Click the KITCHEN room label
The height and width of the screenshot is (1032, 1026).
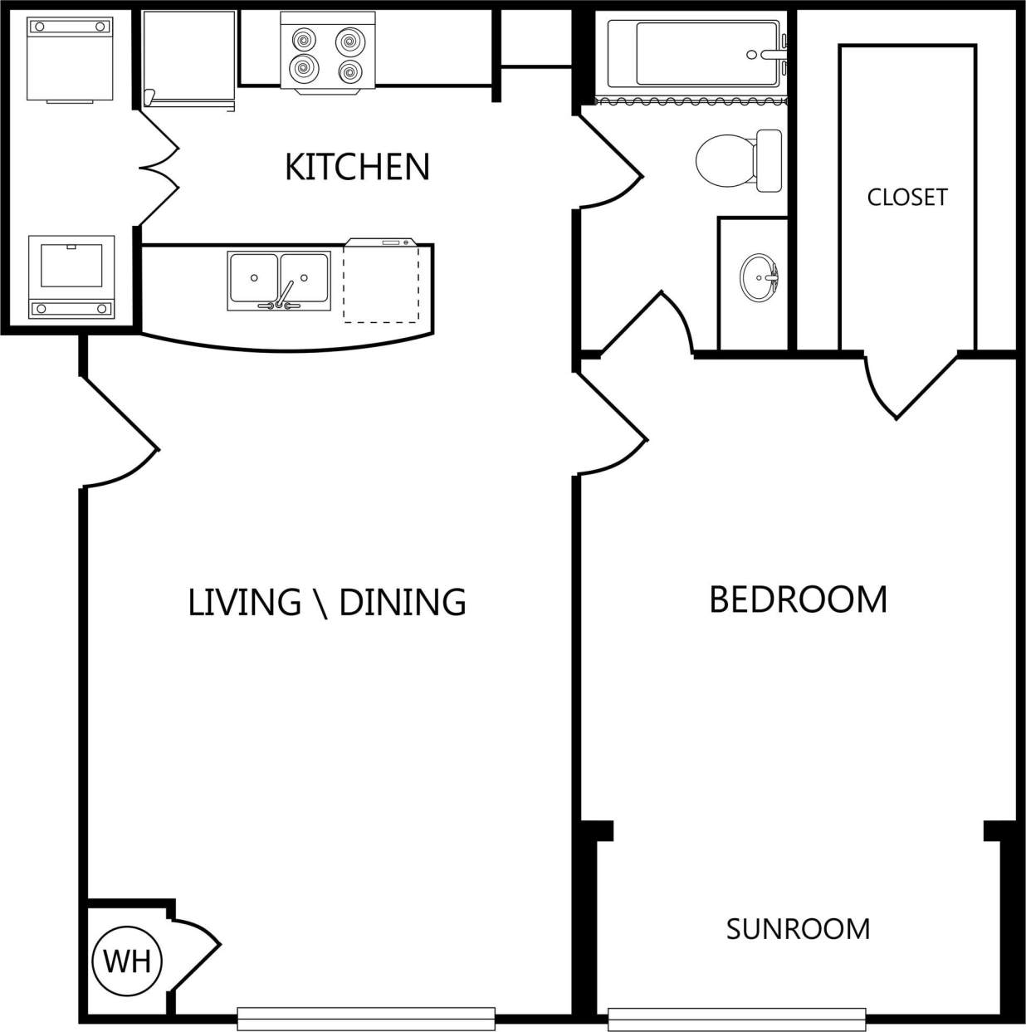click(x=357, y=167)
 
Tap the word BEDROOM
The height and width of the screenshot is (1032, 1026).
click(x=798, y=599)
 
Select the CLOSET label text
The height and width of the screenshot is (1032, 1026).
click(x=906, y=197)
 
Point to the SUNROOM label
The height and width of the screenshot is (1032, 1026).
click(x=798, y=928)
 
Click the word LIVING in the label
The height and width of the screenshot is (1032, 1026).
click(x=244, y=602)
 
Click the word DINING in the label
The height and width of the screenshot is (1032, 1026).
click(x=403, y=602)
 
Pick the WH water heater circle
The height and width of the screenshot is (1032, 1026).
click(x=127, y=961)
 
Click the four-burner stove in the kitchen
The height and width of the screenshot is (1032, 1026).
click(x=328, y=51)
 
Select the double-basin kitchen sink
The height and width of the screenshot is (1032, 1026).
click(x=279, y=281)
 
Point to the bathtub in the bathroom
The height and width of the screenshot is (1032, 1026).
click(x=696, y=54)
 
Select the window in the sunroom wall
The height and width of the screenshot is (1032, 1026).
click(x=736, y=1018)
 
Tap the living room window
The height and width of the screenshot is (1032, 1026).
click(x=366, y=1018)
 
